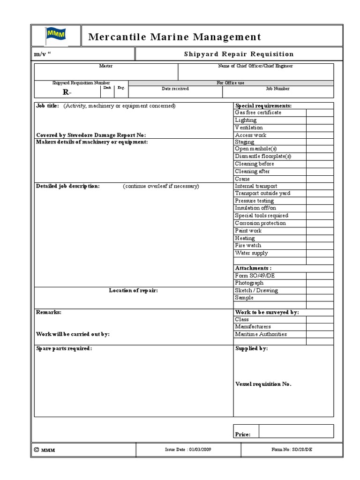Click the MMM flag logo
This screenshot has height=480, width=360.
point(56,36)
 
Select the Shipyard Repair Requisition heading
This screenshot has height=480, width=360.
point(239,54)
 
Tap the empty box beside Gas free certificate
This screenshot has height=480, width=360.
point(320,112)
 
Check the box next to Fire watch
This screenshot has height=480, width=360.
point(320,246)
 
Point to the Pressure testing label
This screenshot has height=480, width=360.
point(255,201)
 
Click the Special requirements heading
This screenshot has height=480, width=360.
point(263,105)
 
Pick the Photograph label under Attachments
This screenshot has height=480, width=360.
point(249,283)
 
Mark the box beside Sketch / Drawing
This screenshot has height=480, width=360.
point(320,291)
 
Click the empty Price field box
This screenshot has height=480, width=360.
point(296,431)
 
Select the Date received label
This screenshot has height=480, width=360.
point(175,89)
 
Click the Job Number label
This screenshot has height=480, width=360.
point(278,89)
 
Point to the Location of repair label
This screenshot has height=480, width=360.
point(134,291)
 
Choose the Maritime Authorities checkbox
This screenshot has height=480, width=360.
point(320,335)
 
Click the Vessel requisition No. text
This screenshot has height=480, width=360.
point(263,384)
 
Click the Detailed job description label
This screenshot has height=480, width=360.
point(68,186)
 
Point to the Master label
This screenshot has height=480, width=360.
point(105,67)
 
